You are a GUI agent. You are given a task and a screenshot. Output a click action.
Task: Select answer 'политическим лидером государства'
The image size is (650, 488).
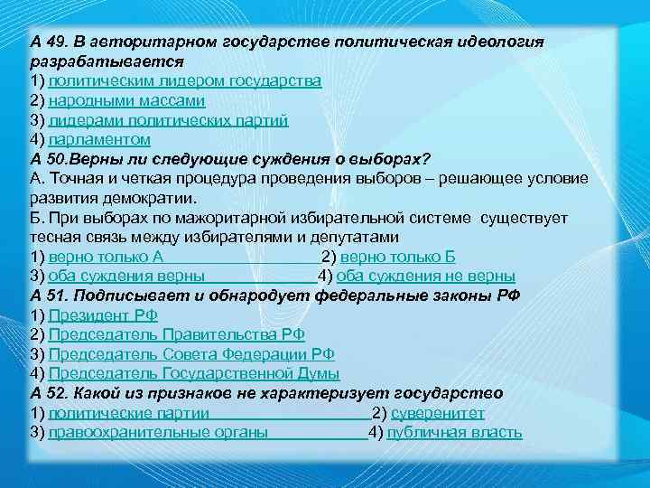(184, 81)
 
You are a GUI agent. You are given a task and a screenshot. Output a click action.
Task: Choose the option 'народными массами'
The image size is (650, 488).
(126, 100)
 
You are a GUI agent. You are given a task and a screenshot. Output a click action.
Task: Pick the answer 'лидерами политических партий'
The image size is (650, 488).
(169, 120)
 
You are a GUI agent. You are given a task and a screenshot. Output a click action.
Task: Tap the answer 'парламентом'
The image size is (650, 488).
(99, 140)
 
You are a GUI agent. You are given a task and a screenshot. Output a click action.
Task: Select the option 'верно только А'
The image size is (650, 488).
(105, 257)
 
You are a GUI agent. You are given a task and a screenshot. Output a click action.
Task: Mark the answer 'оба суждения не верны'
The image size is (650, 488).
(429, 276)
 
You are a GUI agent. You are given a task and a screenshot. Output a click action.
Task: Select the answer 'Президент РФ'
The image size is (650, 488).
(103, 315)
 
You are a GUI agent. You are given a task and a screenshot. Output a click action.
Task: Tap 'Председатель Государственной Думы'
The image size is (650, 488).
(194, 373)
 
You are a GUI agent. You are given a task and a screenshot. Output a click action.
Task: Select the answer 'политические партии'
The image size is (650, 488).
(128, 413)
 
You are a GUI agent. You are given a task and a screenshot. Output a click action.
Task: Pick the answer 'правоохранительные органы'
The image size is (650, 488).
(158, 432)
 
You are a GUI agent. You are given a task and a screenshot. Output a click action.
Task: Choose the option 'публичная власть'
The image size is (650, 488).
(454, 432)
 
